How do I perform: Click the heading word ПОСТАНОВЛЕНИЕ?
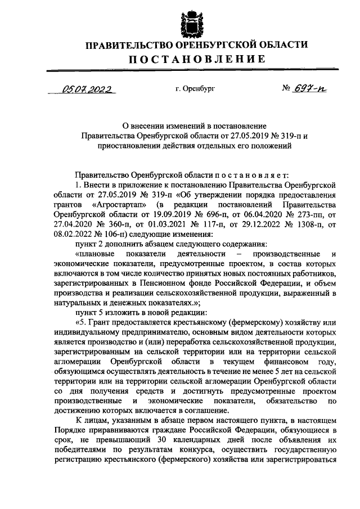tap(188, 60)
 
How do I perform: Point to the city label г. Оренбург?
tap(195, 89)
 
